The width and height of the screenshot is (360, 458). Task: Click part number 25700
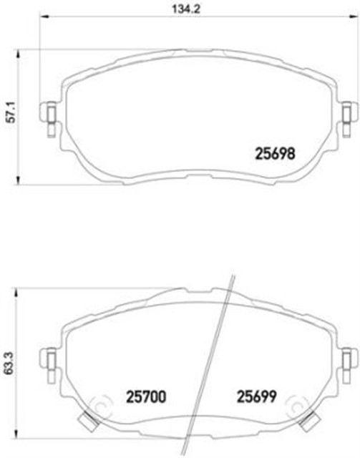pos(146,394)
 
